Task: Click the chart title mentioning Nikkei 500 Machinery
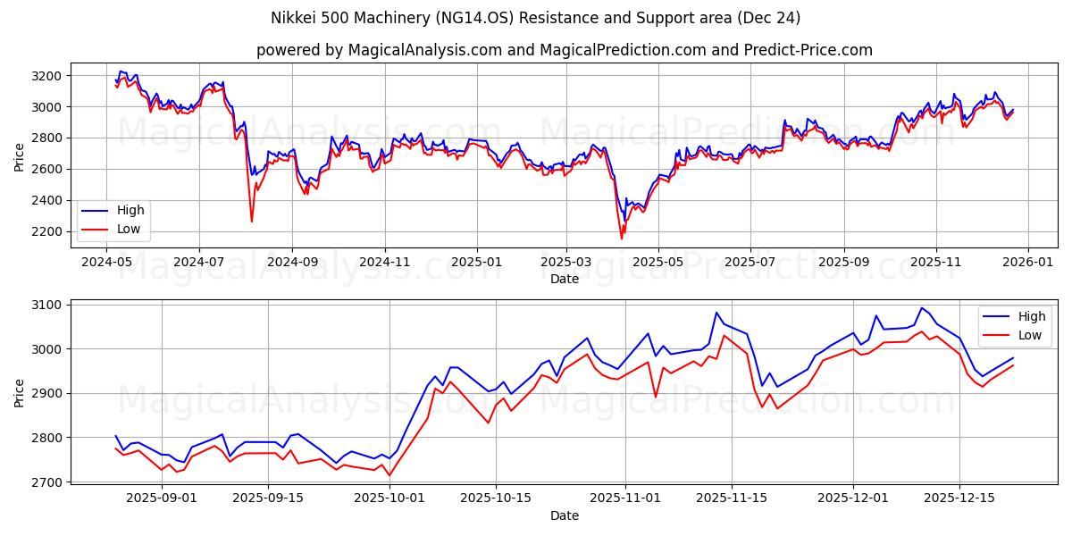535,18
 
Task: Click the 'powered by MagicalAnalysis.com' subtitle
564,50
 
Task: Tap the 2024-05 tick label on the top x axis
106,263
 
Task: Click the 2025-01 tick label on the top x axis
476,263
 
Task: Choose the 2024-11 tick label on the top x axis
384,263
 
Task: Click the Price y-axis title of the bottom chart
20,393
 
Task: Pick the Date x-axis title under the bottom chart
564,515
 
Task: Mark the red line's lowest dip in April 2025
622,239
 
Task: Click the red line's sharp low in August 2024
251,222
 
